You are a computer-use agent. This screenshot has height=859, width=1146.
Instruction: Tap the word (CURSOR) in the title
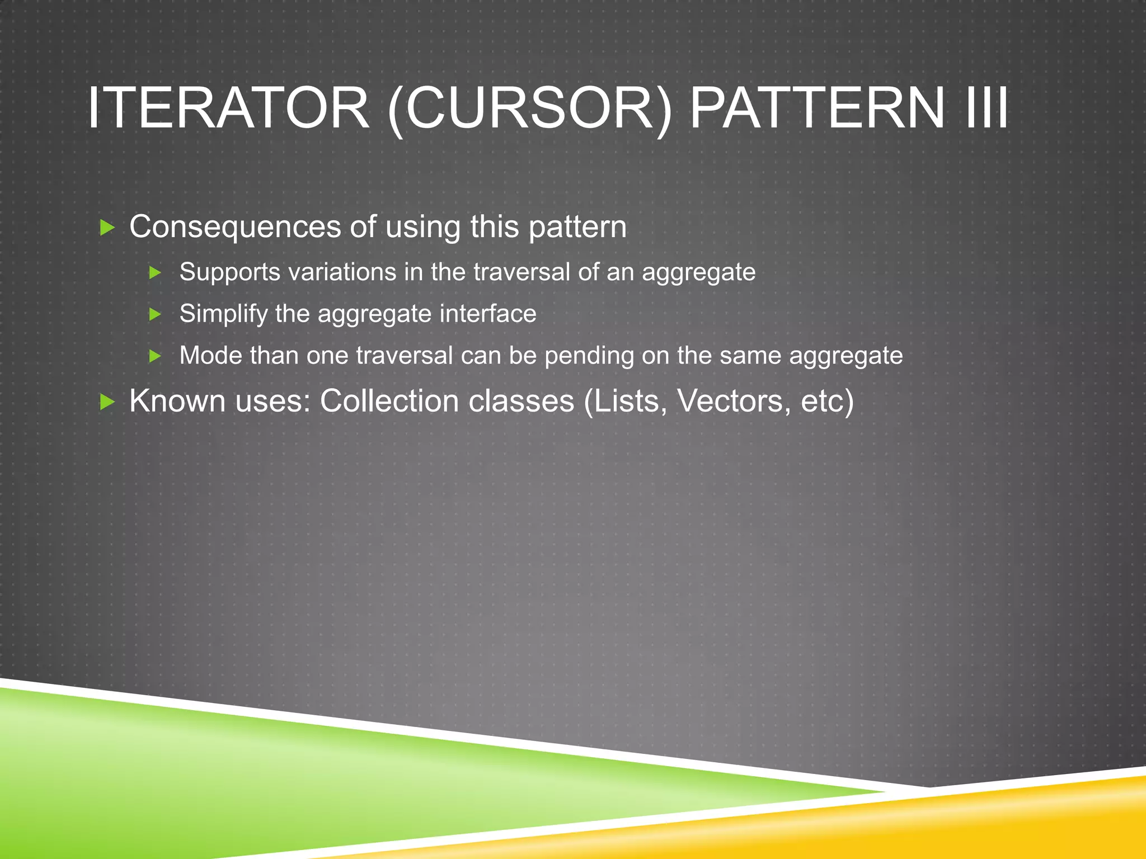(x=529, y=107)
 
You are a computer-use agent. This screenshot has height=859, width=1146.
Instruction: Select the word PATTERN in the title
(x=817, y=107)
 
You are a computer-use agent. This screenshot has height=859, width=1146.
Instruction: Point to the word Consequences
(x=235, y=226)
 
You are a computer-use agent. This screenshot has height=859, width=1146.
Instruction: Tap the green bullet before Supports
(x=155, y=273)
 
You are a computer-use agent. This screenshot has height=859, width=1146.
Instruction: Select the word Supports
(x=229, y=272)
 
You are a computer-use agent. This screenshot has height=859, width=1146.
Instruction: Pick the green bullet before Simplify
(x=155, y=314)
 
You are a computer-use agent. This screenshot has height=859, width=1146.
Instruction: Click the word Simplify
(x=223, y=314)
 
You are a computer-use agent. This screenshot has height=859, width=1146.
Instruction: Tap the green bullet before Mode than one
(x=155, y=356)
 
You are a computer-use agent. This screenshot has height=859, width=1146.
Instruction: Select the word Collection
(x=389, y=401)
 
